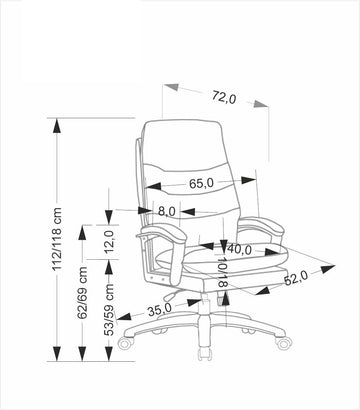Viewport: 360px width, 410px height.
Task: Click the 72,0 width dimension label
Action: tap(224, 97)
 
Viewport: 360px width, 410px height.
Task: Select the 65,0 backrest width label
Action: tap(201, 183)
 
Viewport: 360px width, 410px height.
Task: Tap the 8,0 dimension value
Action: tap(166, 211)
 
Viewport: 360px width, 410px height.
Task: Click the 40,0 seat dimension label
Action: tap(239, 249)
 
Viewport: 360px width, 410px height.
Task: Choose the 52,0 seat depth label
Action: tap(296, 278)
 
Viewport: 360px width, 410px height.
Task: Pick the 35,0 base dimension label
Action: tap(160, 310)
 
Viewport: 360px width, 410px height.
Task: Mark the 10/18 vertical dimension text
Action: tap(222, 272)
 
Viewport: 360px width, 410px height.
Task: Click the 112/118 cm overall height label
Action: tap(57, 239)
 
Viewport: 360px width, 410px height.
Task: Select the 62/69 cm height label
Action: tap(82, 292)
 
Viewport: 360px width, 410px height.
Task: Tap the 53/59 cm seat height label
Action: tap(109, 310)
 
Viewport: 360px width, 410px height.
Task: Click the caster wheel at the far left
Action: tap(125, 343)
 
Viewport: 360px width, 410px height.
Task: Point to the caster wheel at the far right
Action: tap(284, 342)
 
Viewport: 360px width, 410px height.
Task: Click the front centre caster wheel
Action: tap(204, 354)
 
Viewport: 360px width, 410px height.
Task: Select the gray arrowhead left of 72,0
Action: tap(171, 87)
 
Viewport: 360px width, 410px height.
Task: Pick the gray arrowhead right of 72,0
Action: tap(261, 103)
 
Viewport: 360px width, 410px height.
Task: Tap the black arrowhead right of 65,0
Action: tap(249, 180)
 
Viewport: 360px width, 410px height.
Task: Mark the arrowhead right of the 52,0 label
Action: tap(327, 269)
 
